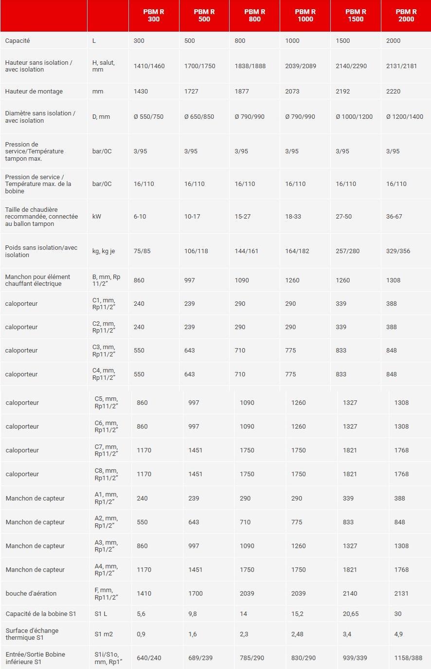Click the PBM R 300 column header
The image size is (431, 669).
coord(154,16)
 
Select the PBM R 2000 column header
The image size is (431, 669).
coord(406,16)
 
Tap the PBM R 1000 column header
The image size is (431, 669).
coord(305,16)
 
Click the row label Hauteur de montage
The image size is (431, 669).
coord(34,92)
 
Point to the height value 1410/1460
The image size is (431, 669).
coord(149,66)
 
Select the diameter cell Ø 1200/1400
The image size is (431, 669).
coord(404,117)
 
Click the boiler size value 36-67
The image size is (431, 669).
coord(394,217)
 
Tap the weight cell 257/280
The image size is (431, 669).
coord(347,251)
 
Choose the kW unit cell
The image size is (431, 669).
coord(97,217)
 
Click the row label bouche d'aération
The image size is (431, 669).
coord(31,594)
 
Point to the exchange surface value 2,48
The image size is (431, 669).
coord(299,634)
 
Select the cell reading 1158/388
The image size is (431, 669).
coord(408,658)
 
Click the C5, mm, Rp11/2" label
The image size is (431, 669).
coord(106,403)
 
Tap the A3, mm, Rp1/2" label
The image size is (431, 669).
coord(106,546)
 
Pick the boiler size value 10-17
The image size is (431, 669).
coord(192,217)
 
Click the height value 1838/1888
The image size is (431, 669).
coord(250,66)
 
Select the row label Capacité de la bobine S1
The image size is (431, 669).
coord(41,614)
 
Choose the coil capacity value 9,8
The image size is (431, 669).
coord(193,614)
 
